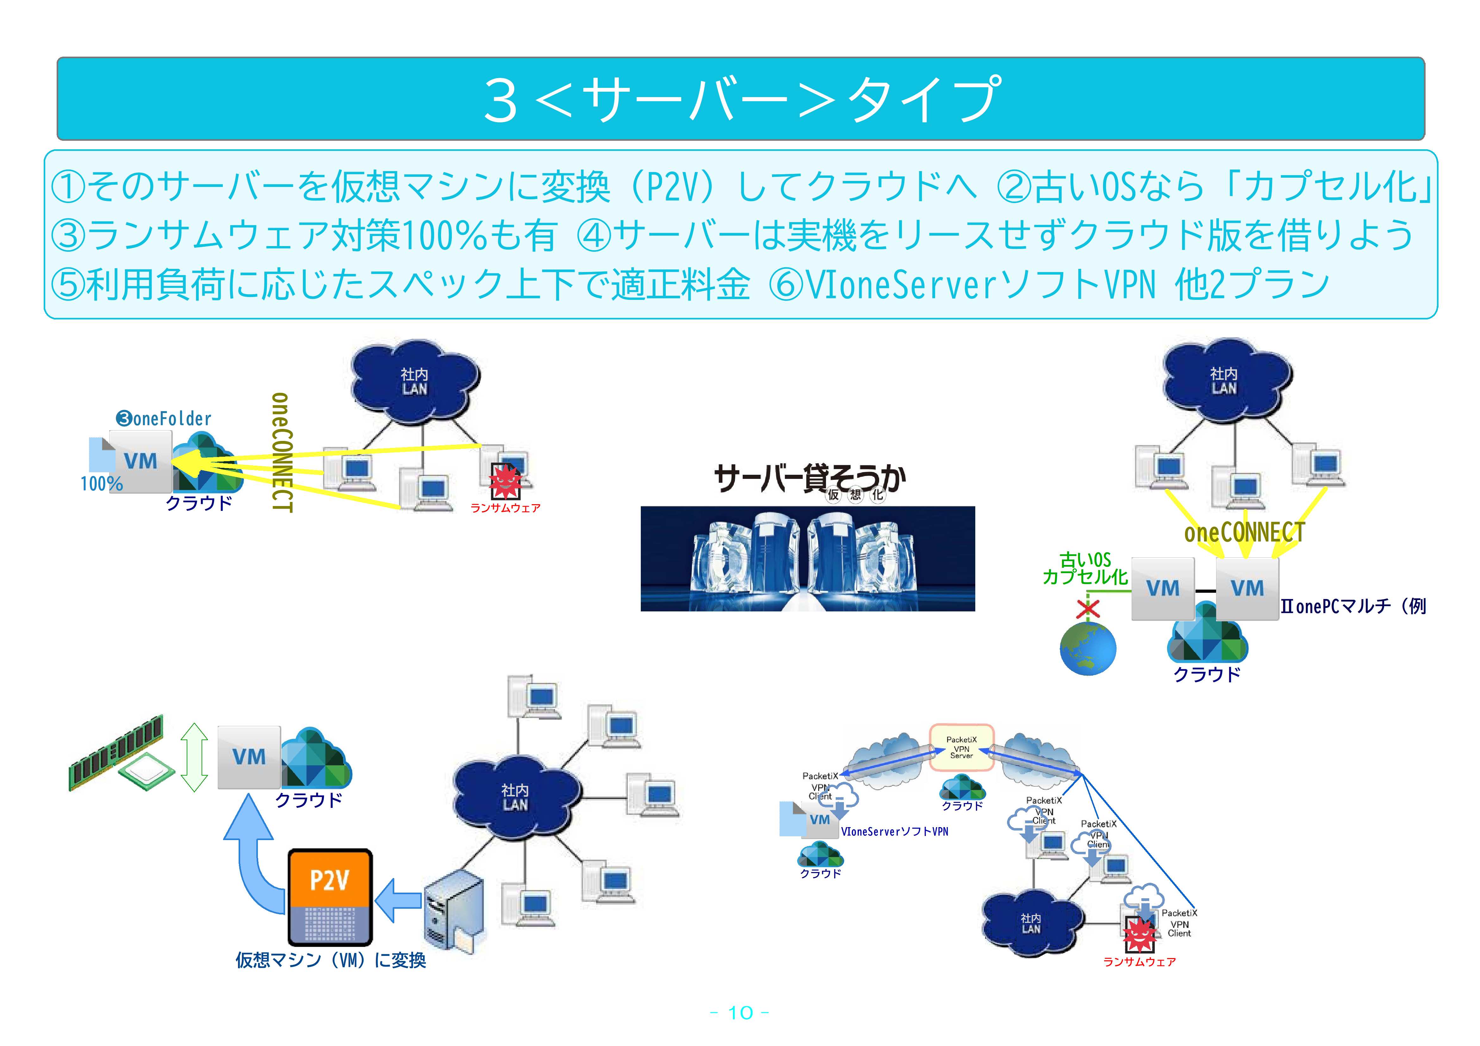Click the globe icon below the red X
click(x=1087, y=648)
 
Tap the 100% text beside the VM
click(x=101, y=483)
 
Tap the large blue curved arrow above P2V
click(x=255, y=851)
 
